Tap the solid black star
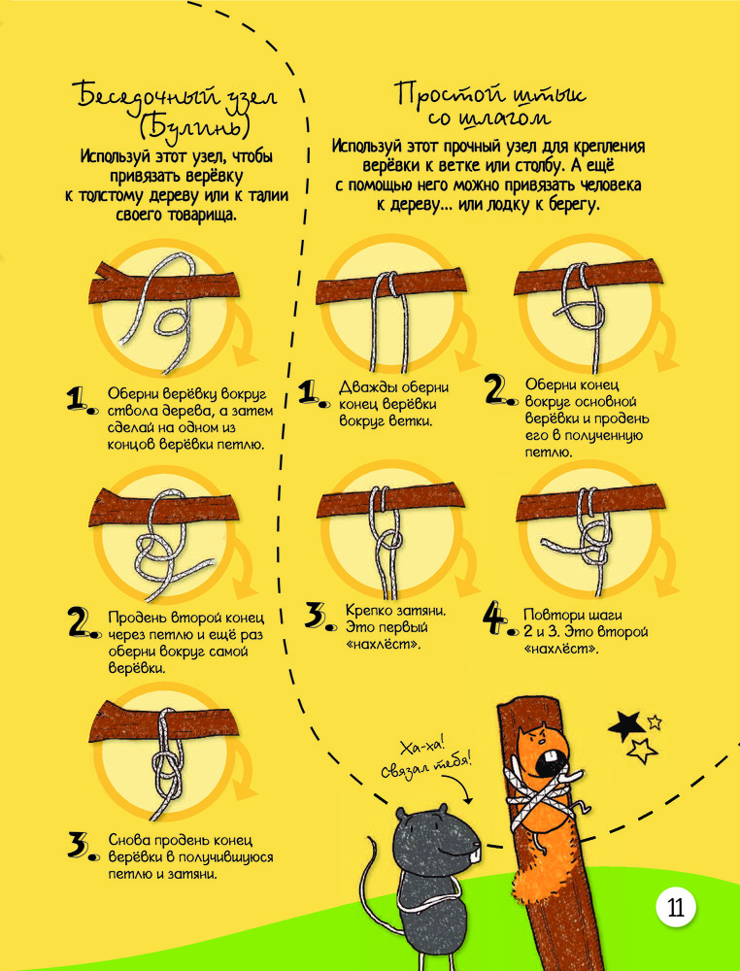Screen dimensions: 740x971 click(625, 725)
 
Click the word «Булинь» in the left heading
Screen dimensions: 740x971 click(192, 127)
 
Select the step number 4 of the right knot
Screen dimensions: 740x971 click(494, 620)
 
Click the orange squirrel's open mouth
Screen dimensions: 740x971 click(548, 762)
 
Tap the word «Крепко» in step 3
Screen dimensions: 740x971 click(365, 611)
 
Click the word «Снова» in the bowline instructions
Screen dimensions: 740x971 click(129, 841)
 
